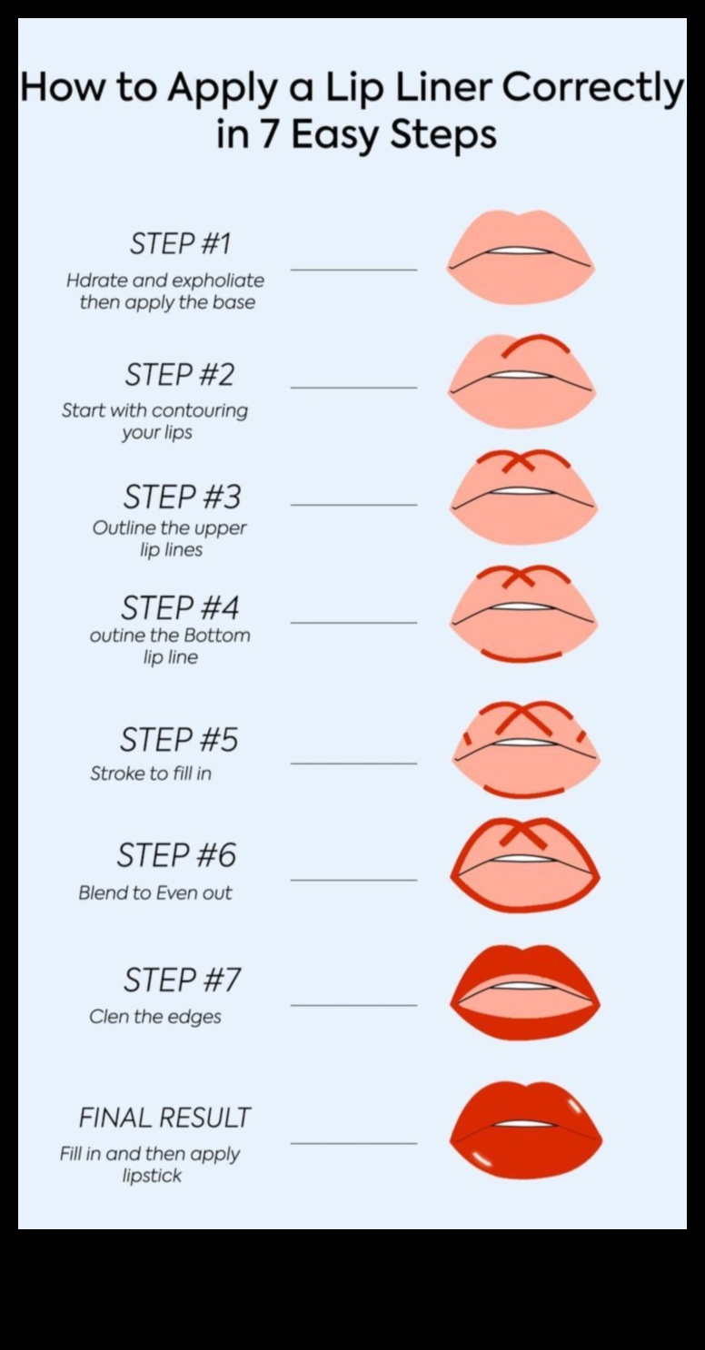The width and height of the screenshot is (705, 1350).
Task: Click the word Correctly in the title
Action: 591,90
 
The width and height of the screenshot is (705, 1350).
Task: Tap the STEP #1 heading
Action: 180,243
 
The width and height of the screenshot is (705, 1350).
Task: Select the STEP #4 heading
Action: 180,607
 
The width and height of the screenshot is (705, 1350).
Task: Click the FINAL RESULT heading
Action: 164,1118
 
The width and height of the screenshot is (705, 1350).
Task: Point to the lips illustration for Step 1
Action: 520,257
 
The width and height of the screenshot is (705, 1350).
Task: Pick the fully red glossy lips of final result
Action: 525,1130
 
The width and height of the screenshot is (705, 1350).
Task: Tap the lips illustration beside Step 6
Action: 525,865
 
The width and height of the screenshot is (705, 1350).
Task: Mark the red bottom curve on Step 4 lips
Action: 521,655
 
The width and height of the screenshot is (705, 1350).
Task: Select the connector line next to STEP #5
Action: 353,764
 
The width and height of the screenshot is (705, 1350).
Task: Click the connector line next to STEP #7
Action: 353,1005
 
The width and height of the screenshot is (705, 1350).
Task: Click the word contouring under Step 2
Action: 200,410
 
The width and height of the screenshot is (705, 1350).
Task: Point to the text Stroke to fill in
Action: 151,774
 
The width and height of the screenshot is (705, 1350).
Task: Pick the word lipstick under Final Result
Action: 152,1176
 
